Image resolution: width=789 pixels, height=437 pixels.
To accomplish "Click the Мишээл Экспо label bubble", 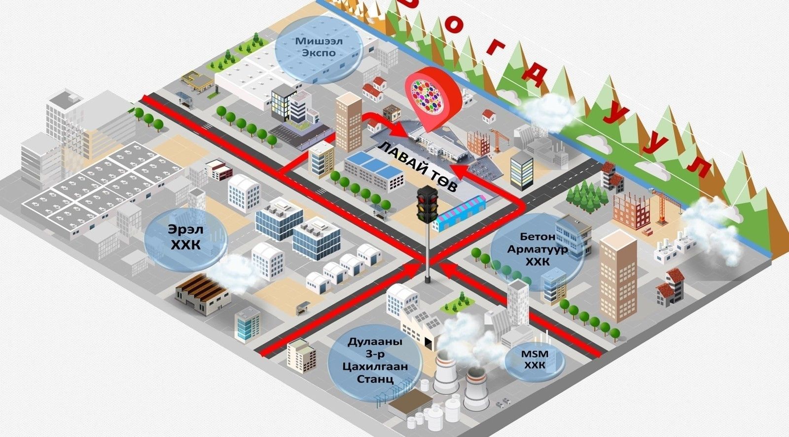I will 316,46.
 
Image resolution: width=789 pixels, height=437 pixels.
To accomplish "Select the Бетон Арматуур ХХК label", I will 537,249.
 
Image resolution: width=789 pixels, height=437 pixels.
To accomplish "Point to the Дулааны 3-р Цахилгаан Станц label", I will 374,360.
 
